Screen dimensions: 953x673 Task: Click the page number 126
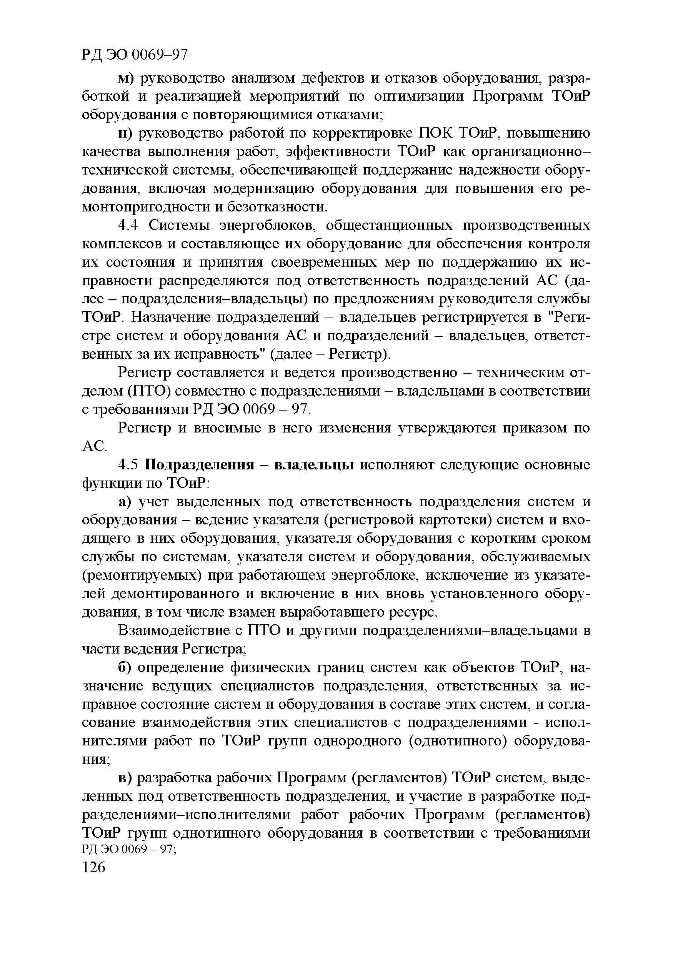[x=94, y=868]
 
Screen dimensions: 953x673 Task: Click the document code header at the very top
[x=135, y=54]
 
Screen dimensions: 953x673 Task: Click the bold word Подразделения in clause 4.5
[x=199, y=465]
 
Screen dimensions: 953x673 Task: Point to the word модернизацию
[x=264, y=188]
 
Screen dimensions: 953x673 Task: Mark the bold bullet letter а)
[x=125, y=502]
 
